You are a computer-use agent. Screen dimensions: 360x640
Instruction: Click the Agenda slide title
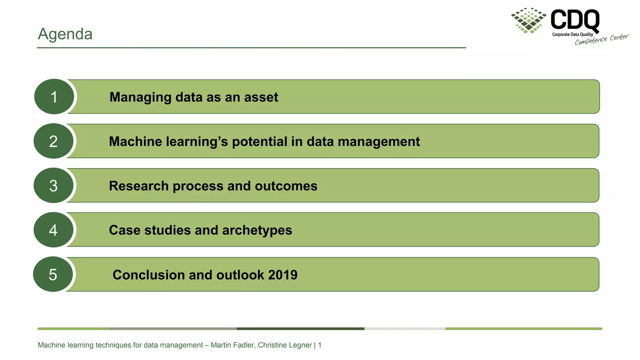65,34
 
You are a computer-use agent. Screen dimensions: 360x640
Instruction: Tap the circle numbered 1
54,97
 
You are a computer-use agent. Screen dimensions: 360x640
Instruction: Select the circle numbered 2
53,141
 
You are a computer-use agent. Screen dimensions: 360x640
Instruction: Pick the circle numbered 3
53,186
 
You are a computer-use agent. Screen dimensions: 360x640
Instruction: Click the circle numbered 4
53,230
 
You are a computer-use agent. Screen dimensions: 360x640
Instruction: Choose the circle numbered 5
53,274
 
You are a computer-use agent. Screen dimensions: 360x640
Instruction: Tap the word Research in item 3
139,186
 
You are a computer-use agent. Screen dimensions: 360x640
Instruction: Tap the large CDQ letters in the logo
575,19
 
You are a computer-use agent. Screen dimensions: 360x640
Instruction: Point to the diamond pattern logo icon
529,20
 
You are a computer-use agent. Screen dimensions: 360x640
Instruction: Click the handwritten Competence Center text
601,39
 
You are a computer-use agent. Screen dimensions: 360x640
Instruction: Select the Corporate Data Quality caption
572,34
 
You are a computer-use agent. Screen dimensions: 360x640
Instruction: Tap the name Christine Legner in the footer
285,345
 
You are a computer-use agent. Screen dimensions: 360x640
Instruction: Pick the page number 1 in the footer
320,345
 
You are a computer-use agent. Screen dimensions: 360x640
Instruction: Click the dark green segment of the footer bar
300,329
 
